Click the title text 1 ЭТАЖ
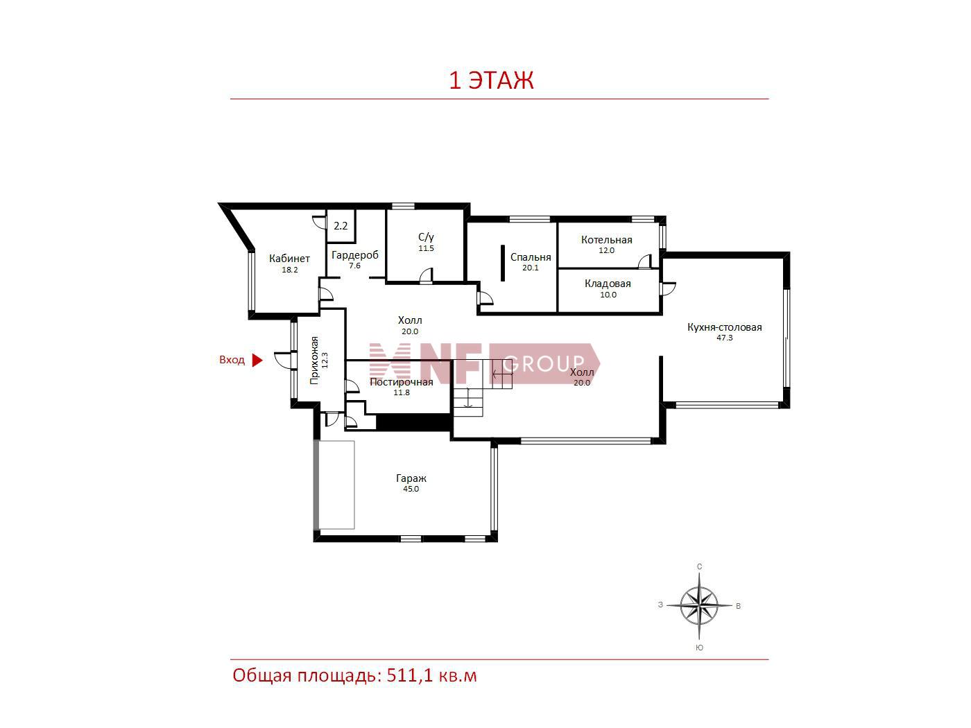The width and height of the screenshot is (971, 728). (x=491, y=80)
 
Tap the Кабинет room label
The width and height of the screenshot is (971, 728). (x=289, y=259)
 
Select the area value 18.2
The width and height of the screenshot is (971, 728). (x=290, y=270)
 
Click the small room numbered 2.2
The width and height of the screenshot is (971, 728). (x=341, y=226)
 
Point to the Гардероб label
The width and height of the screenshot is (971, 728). (x=355, y=255)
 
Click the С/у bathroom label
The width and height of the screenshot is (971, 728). (x=426, y=237)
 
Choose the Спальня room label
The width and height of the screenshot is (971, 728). (x=531, y=257)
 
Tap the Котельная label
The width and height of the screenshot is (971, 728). (x=606, y=240)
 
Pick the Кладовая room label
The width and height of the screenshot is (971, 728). (x=608, y=284)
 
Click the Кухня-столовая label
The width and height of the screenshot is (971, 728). (x=725, y=327)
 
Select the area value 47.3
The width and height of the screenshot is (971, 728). (x=725, y=338)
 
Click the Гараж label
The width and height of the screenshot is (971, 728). (x=411, y=478)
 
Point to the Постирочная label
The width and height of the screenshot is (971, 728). (x=401, y=382)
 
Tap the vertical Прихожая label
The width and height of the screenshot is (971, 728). (x=314, y=361)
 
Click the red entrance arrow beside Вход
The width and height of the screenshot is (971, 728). (x=257, y=361)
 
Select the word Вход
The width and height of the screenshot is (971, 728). (x=232, y=361)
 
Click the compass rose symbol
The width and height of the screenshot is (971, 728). (x=699, y=606)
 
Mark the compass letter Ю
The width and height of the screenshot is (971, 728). (x=699, y=648)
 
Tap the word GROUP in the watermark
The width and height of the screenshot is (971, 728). (x=544, y=363)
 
